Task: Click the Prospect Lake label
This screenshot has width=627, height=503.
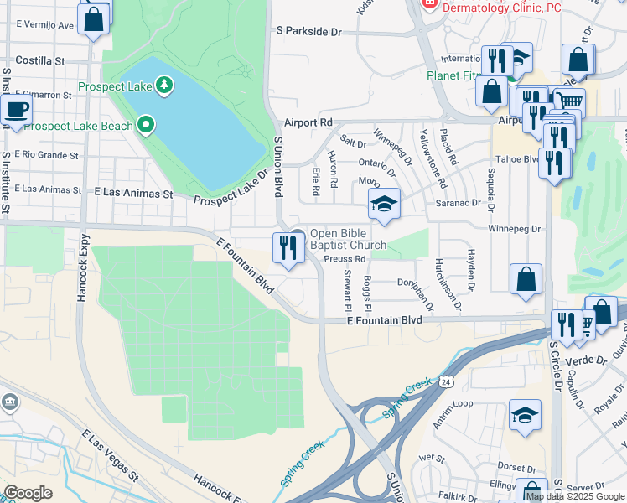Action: tap(117, 86)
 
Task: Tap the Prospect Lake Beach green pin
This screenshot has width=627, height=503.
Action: tap(147, 126)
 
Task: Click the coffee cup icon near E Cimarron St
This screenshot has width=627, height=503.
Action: tap(15, 109)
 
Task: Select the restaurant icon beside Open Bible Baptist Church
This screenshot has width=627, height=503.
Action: tap(287, 248)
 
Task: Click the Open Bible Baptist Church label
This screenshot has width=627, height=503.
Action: tap(348, 240)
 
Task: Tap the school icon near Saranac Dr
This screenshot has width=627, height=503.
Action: tap(384, 204)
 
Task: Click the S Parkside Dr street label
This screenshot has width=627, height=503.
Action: tap(310, 31)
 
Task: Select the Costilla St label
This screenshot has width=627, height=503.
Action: tap(40, 61)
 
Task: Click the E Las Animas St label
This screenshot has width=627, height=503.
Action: tap(133, 193)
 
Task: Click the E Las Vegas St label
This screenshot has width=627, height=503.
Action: tap(110, 455)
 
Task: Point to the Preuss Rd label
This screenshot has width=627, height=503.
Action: tap(346, 259)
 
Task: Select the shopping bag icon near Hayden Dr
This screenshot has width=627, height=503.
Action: tap(526, 280)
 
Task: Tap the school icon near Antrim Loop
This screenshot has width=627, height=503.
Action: tap(525, 415)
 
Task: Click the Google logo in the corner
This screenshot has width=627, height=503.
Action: tap(28, 493)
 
